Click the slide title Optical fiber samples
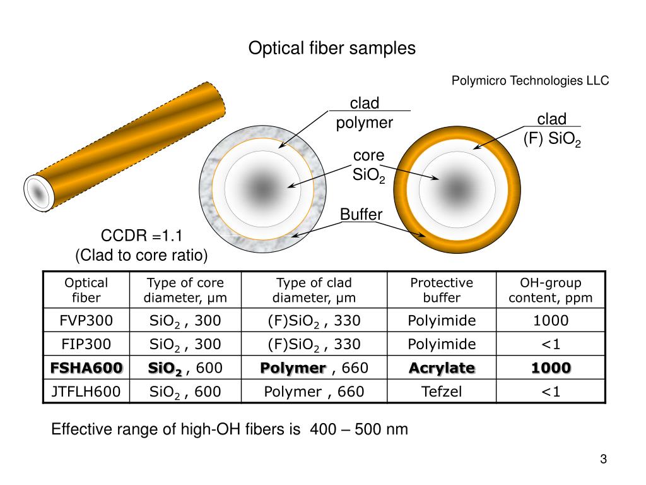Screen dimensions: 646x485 point(332,49)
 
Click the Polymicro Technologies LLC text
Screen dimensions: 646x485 point(530,81)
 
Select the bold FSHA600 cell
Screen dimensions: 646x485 point(86,368)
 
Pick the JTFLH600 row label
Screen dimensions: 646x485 point(86,392)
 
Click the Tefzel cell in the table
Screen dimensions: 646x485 point(442,392)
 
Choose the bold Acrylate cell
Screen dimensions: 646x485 point(442,368)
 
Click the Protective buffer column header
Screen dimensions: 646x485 point(442,290)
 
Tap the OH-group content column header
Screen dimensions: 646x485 point(551,290)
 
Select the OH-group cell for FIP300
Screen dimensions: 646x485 point(551,344)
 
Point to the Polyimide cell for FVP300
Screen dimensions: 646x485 point(442,321)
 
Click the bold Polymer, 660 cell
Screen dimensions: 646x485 point(314,368)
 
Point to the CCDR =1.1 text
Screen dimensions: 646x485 point(141,237)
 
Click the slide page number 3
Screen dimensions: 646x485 point(603,460)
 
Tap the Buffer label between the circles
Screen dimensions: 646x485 point(361,215)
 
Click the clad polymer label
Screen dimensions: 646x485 point(365,113)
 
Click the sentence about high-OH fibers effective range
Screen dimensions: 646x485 point(230,430)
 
